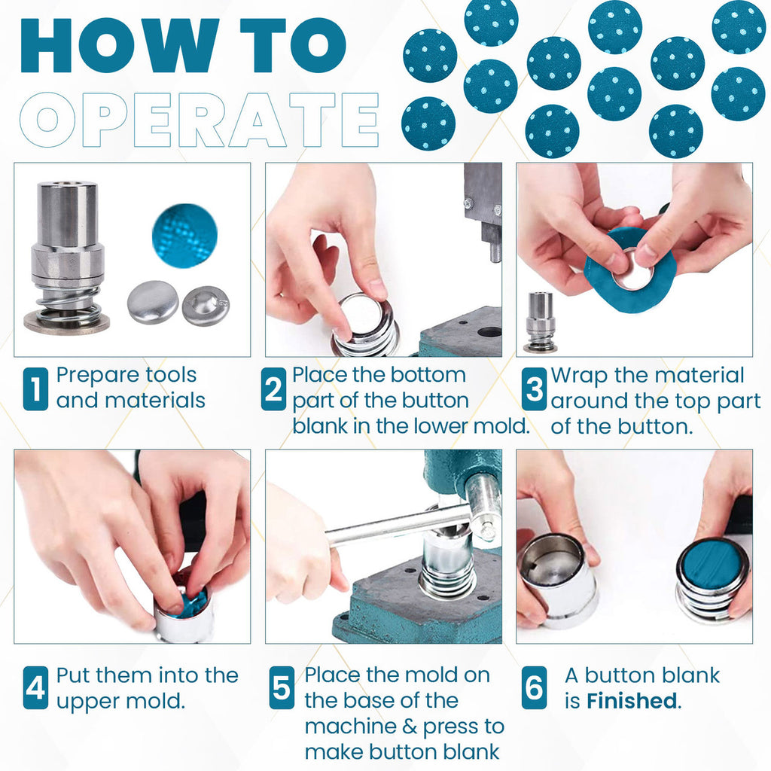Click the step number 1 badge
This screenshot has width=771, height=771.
tap(35, 389)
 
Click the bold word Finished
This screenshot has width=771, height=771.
tap(632, 701)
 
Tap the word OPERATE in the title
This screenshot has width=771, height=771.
tap(199, 119)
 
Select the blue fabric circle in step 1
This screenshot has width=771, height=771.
tap(184, 236)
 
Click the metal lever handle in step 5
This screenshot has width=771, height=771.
tap(392, 525)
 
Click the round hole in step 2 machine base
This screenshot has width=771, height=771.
tap(489, 331)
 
